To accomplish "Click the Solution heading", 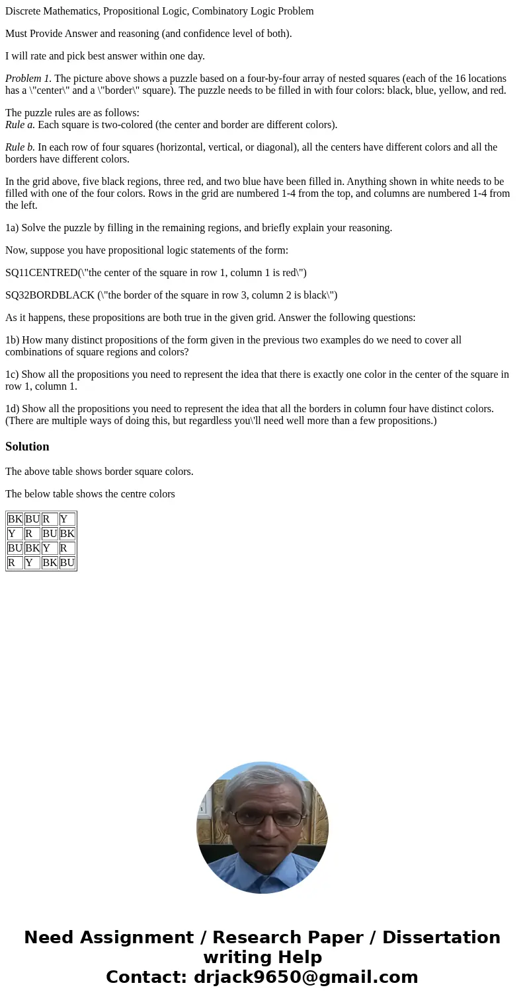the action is pos(27,447).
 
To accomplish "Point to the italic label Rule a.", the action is pos(20,125).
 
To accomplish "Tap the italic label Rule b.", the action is pos(20,147).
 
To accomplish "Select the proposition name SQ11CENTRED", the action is pos(41,273).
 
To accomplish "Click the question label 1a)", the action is pos(13,228).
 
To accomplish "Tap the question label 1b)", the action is pos(13,340).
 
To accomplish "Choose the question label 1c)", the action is pos(13,375).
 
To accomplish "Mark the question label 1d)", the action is pos(13,409).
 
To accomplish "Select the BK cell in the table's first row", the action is pos(15,519).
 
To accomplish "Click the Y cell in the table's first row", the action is pos(67,519).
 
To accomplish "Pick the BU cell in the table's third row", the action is pos(15,548).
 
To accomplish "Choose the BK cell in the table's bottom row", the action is pos(50,563).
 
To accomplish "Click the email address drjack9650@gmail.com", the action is pos(306,977).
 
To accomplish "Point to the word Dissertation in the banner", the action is pos(441,938).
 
